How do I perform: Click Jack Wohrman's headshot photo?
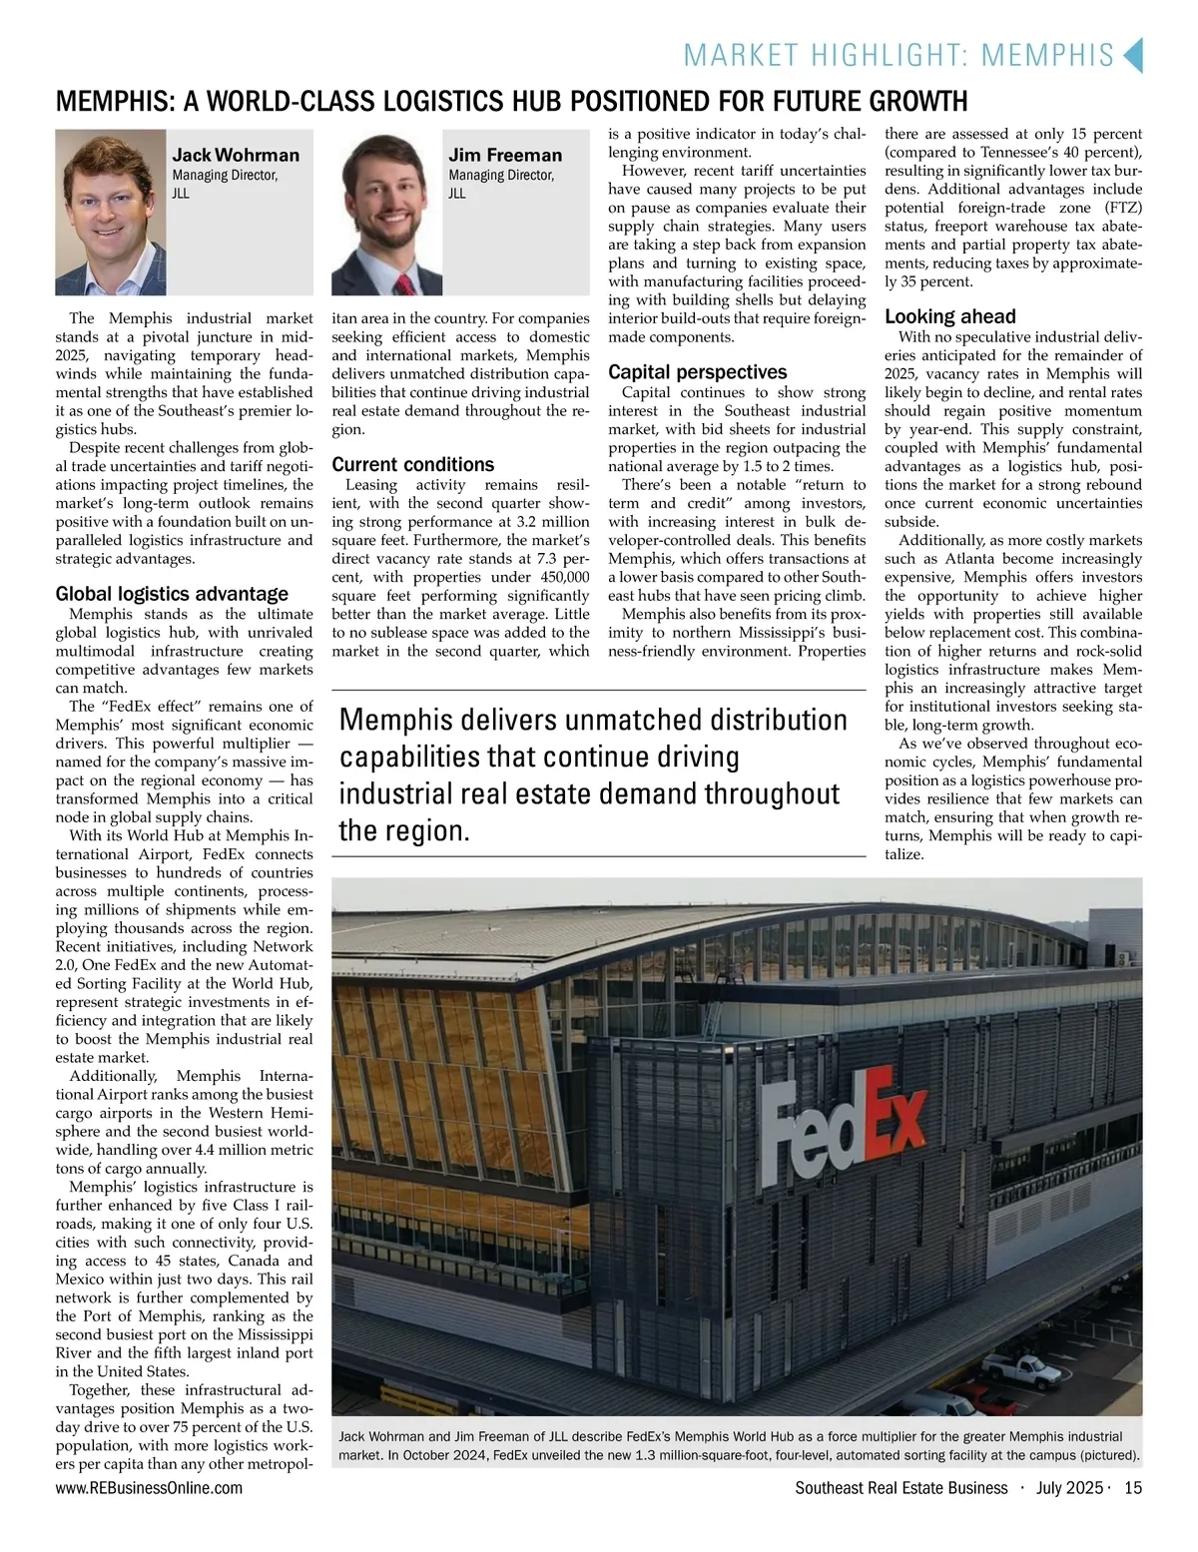[110, 212]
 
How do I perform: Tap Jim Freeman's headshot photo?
[386, 212]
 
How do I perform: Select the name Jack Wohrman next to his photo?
[236, 155]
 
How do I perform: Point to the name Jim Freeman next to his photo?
[505, 155]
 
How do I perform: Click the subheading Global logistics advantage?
[172, 594]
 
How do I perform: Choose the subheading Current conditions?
[412, 464]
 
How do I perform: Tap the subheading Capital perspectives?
[697, 371]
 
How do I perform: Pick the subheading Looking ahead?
[949, 316]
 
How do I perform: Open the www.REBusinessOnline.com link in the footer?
[149, 1488]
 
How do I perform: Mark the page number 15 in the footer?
[1132, 1488]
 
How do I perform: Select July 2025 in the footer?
[1069, 1488]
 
